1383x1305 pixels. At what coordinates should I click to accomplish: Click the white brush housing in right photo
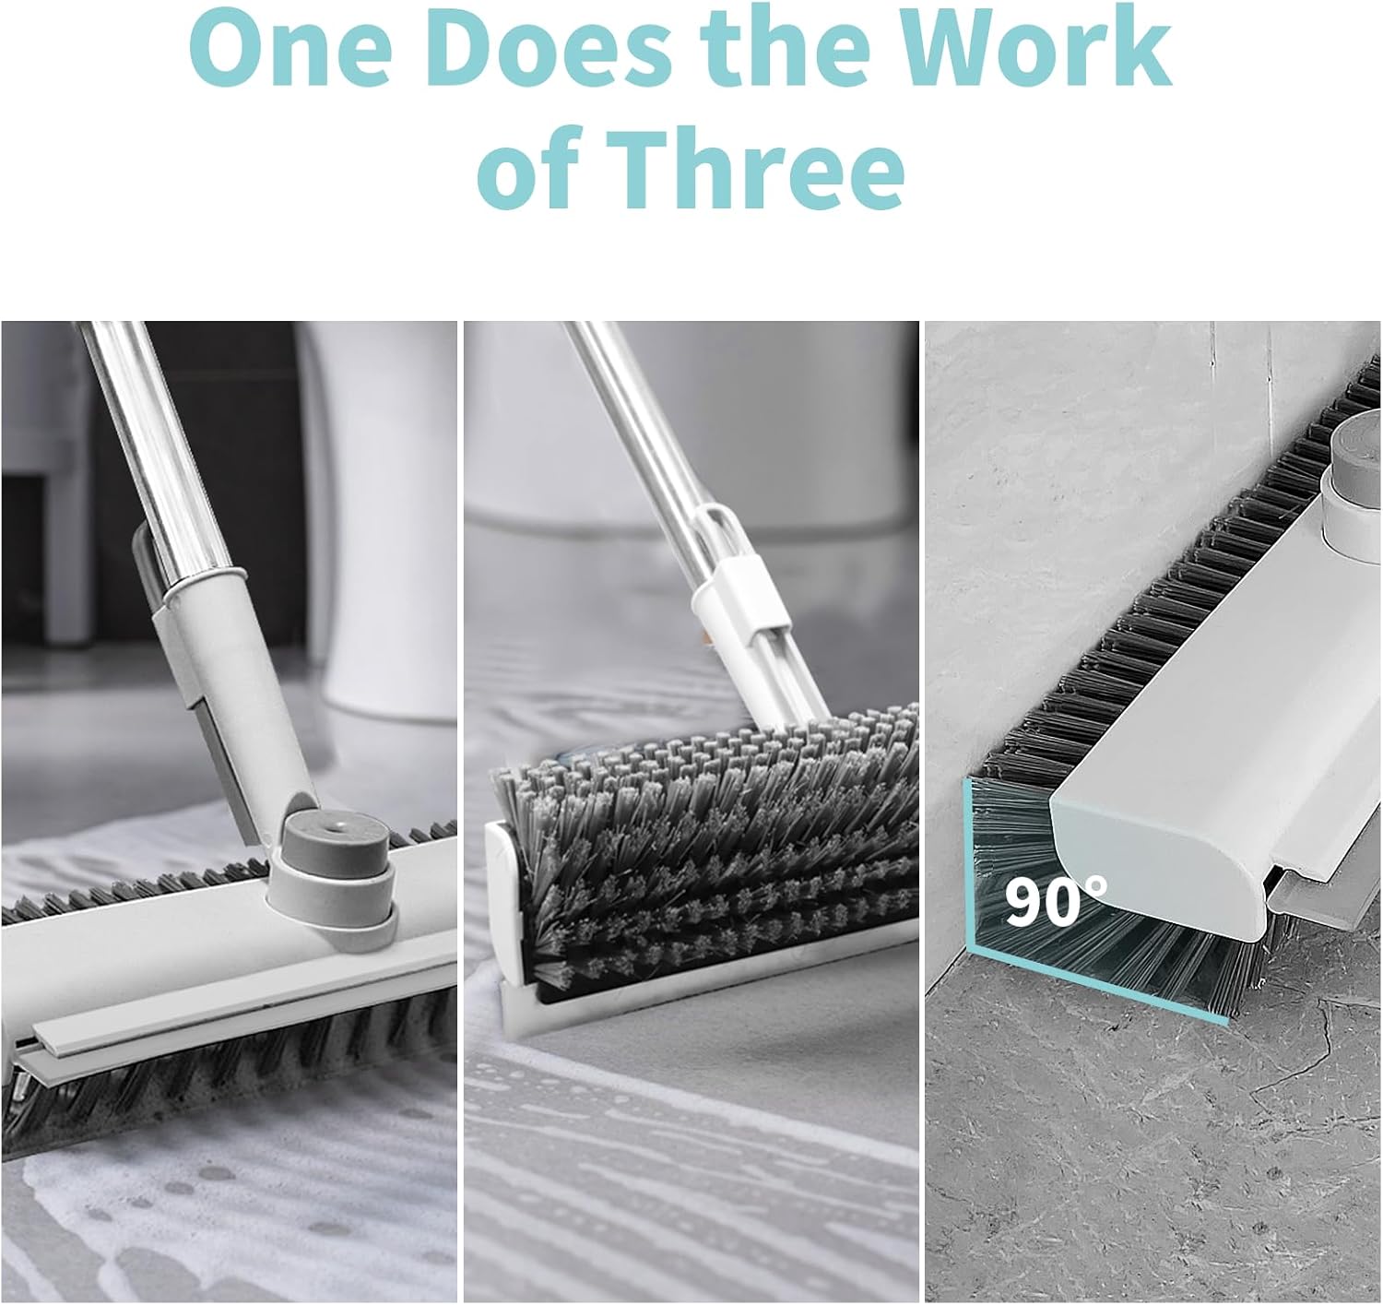coord(1199,738)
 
